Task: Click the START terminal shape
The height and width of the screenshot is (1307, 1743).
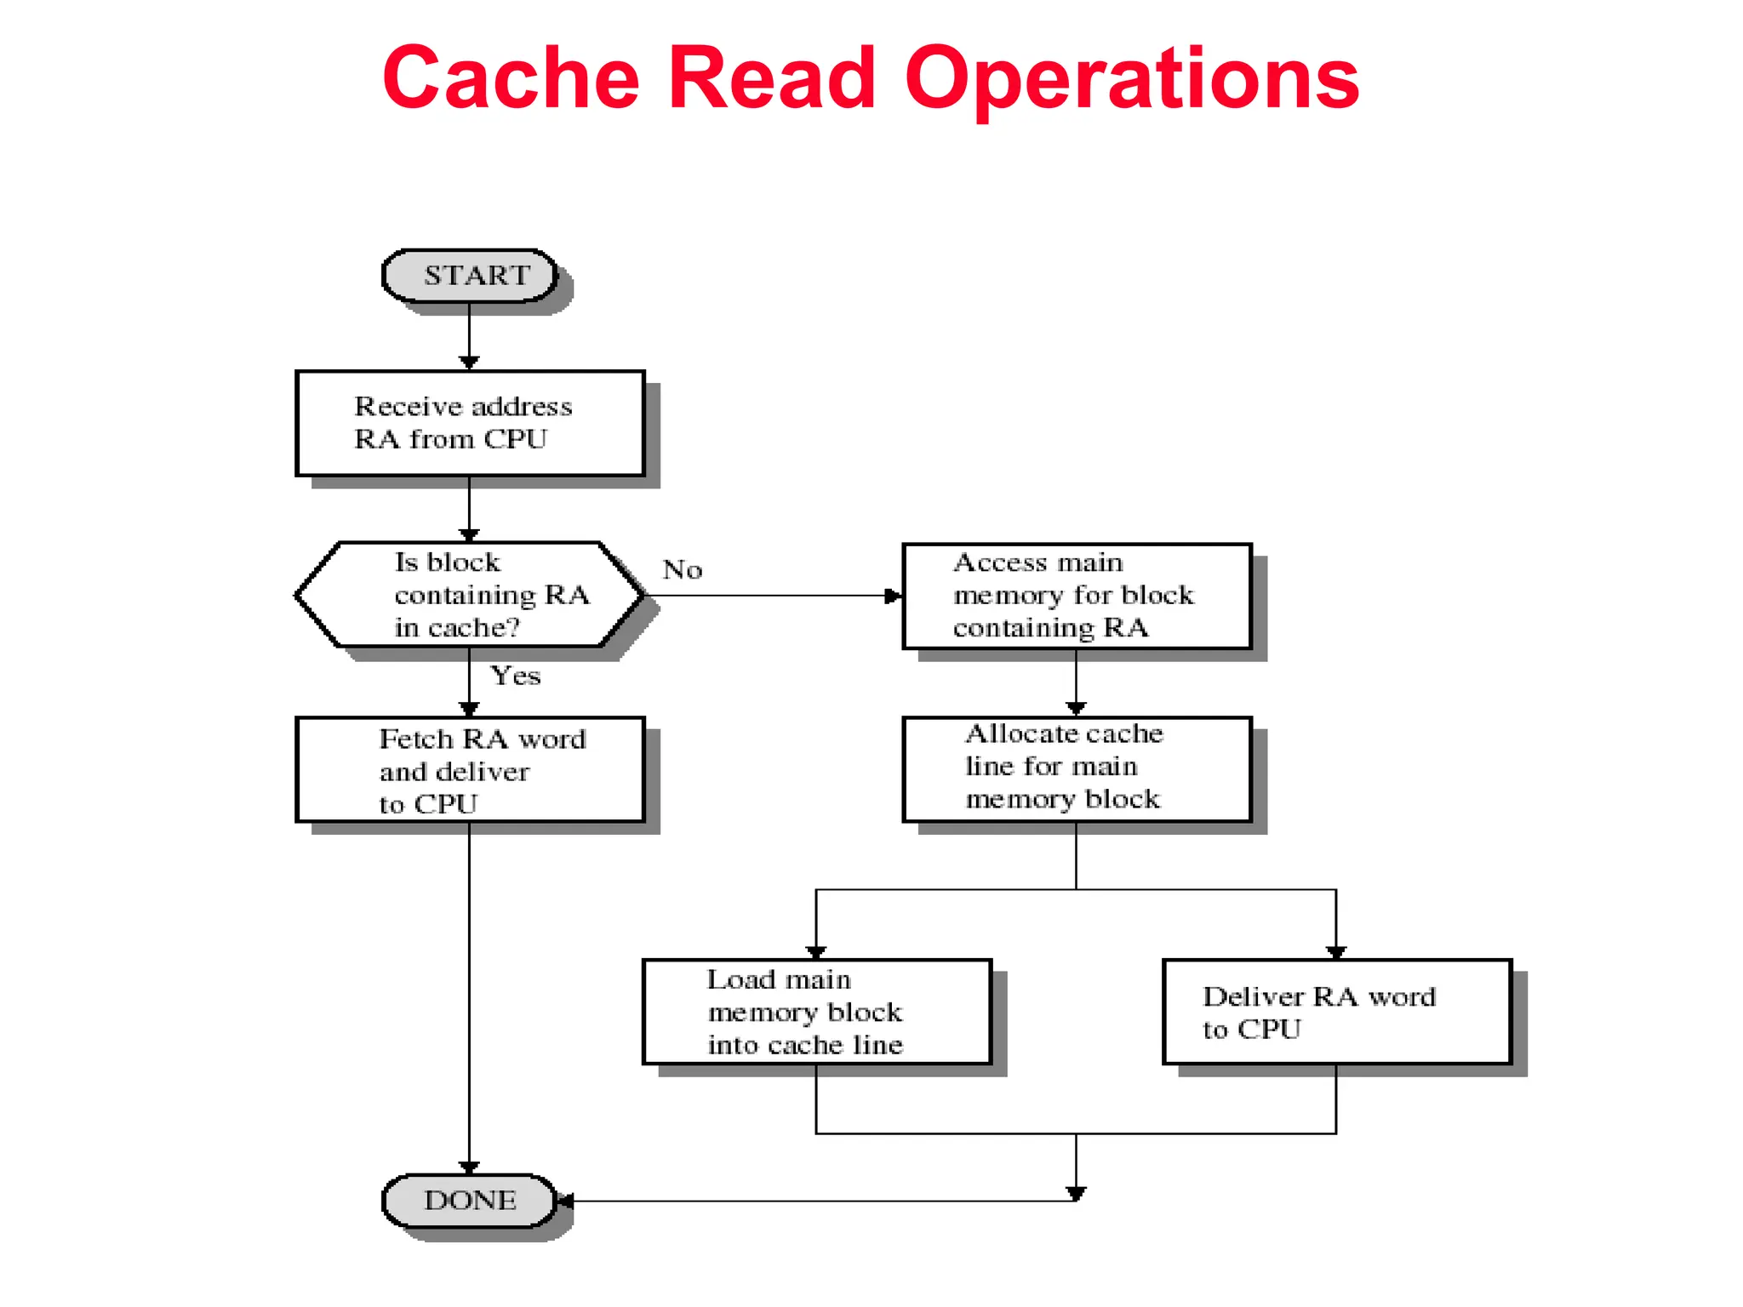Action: [470, 276]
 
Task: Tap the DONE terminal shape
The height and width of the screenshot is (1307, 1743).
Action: [470, 1201]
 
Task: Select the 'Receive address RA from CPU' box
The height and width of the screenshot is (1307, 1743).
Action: [470, 424]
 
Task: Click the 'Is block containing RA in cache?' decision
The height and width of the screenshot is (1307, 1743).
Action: [470, 595]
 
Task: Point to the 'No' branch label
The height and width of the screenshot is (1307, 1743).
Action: [683, 569]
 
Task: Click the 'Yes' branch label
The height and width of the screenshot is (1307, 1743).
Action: [516, 676]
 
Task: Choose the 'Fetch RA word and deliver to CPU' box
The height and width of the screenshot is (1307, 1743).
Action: [470, 770]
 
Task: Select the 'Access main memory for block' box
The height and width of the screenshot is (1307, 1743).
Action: [1077, 596]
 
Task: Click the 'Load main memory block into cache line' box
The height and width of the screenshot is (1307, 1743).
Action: [817, 1012]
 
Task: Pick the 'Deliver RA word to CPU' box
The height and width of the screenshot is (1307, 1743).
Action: [1336, 1012]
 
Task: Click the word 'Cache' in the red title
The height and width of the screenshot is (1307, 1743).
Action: [511, 78]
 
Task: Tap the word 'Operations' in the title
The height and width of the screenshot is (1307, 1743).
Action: [1132, 78]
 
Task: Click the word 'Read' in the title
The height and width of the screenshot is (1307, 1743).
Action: [772, 78]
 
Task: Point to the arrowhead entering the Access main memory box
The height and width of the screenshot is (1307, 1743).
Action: [893, 596]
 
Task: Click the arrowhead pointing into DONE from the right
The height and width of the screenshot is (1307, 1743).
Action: [564, 1201]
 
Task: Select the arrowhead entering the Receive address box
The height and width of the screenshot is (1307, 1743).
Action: [469, 362]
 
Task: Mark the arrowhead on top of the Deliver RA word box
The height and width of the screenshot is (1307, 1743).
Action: [1336, 951]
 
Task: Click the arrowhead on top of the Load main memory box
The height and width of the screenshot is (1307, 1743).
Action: [816, 951]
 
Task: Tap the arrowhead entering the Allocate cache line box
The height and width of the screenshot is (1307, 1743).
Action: [1076, 708]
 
